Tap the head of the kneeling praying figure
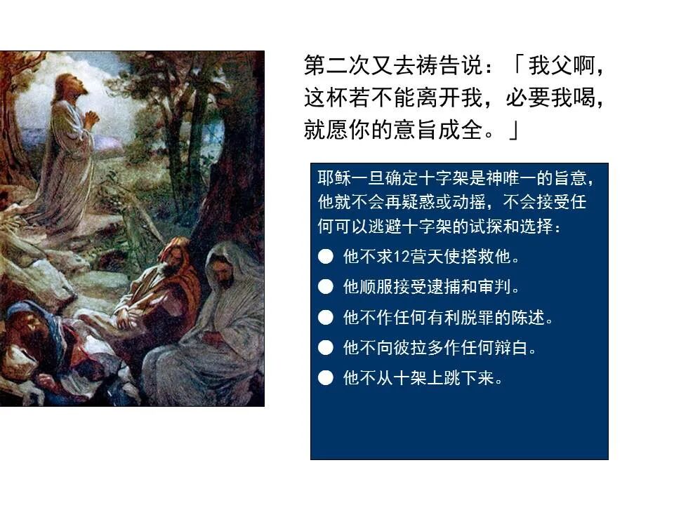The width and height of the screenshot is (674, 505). (70, 86)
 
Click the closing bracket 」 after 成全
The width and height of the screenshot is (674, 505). (514, 130)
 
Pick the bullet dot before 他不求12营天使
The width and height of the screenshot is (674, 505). (325, 257)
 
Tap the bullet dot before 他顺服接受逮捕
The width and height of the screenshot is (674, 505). (325, 287)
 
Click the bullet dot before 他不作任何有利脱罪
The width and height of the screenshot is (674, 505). (325, 318)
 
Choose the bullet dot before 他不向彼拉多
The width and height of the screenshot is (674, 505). (325, 348)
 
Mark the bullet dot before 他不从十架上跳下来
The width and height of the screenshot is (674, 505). (325, 378)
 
